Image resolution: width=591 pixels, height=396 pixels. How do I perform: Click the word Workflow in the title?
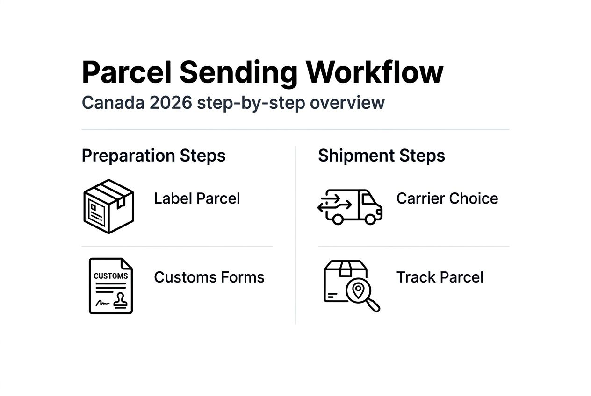[x=375, y=72]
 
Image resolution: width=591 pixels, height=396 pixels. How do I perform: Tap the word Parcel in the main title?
[x=127, y=72]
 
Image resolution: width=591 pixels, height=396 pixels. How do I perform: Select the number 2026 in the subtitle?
[x=171, y=103]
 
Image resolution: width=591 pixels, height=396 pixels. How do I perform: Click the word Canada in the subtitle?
[x=113, y=103]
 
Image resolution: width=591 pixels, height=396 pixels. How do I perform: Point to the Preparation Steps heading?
[x=154, y=156]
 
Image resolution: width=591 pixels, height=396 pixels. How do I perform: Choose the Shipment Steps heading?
[x=382, y=156]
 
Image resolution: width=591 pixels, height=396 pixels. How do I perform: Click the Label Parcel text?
[x=197, y=198]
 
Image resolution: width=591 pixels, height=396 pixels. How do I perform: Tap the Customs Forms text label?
[x=209, y=277]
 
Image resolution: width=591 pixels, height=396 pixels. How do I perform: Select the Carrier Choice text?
[x=447, y=198]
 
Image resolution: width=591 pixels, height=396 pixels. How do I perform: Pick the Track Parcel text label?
[x=440, y=277]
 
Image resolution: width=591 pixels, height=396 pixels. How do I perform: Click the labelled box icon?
[x=108, y=206]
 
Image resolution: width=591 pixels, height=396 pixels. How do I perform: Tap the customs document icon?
[x=111, y=286]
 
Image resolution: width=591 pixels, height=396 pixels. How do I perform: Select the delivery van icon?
[x=350, y=207]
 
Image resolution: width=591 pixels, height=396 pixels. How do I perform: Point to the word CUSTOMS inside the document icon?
[x=111, y=276]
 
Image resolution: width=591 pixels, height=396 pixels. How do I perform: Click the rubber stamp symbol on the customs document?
[x=120, y=300]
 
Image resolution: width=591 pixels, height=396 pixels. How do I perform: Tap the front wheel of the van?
[x=370, y=219]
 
